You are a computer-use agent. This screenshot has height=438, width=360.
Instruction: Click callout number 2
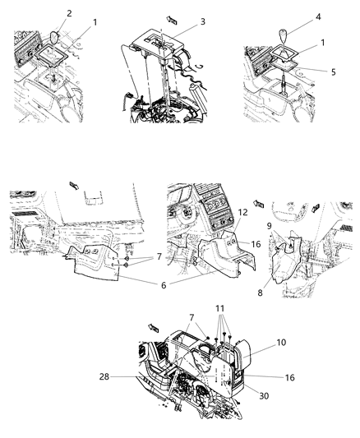click(69, 14)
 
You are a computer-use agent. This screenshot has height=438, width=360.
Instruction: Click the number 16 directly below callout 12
click(233, 243)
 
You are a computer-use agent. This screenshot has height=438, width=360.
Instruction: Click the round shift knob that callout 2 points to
click(56, 39)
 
